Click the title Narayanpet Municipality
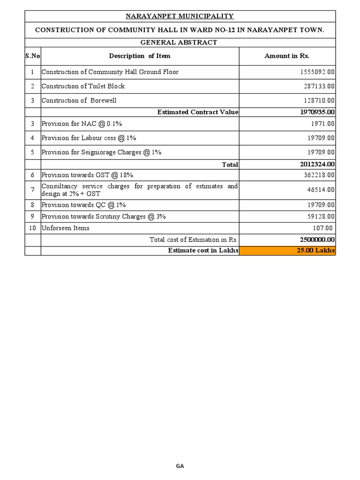[180, 16]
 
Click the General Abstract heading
[180, 42]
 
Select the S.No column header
[32, 56]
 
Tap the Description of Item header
[140, 56]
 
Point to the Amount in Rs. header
[287, 56]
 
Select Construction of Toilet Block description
[83, 86]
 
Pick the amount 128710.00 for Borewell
[317, 100]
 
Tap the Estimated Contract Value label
[198, 112]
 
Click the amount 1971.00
[322, 124]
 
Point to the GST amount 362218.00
[317, 175]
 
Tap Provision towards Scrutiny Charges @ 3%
[104, 217]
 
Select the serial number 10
[32, 228]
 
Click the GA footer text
[180, 466]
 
